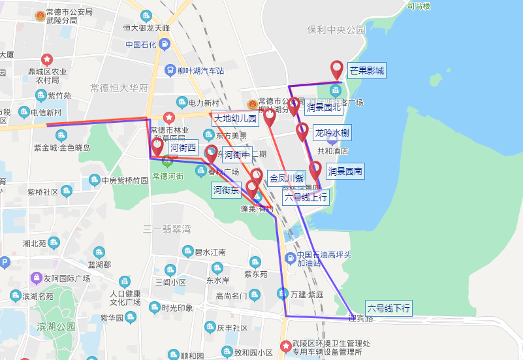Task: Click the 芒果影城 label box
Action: click(x=366, y=71)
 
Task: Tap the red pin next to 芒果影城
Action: click(x=337, y=69)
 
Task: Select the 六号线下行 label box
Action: click(x=388, y=308)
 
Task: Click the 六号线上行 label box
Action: click(x=306, y=196)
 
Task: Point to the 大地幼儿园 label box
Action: click(x=236, y=118)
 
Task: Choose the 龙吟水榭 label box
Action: click(x=332, y=133)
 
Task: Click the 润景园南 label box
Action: click(x=345, y=172)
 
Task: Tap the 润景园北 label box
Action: click(x=324, y=107)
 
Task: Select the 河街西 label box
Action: click(x=183, y=148)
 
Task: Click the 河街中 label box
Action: click(x=237, y=155)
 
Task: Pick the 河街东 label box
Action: click(x=227, y=190)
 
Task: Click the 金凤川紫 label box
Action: click(x=287, y=178)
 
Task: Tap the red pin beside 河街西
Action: click(x=157, y=146)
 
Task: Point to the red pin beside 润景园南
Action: click(x=315, y=171)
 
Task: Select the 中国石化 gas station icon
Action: click(x=165, y=44)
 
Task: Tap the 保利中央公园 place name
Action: click(x=336, y=30)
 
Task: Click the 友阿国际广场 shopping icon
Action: click(x=37, y=279)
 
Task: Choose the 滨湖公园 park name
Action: click(x=57, y=326)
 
